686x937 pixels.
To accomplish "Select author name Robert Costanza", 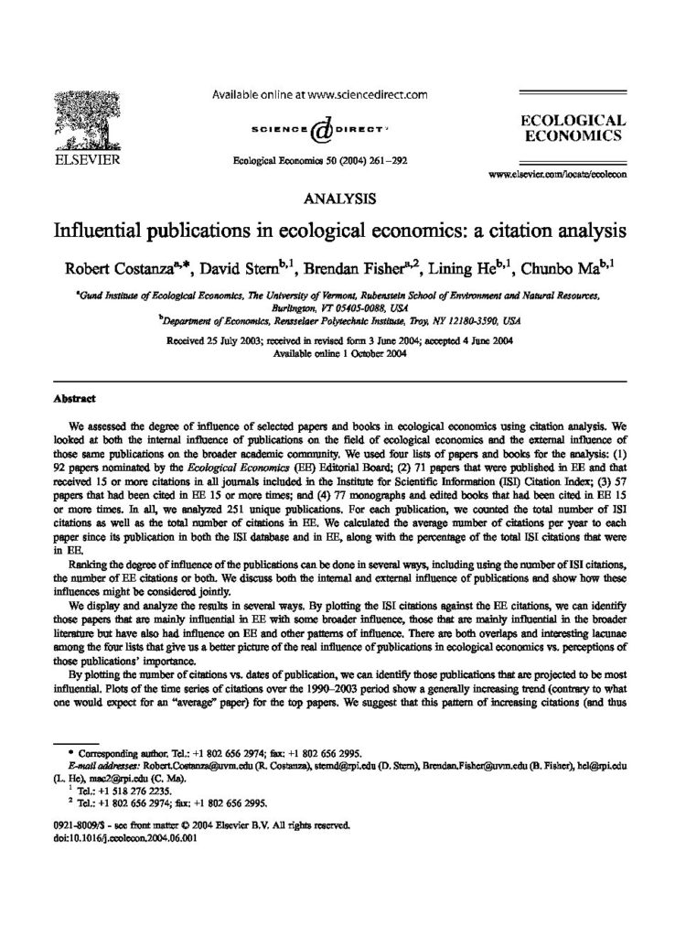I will click(x=120, y=269).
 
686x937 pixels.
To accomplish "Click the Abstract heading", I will click(x=70, y=400).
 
